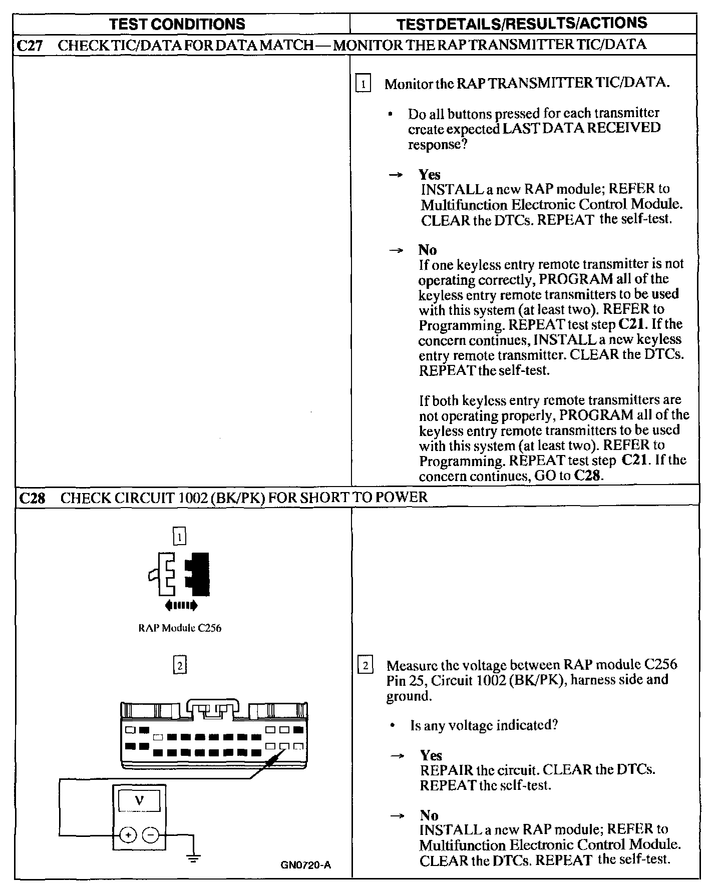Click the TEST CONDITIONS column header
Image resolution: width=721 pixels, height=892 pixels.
tap(177, 24)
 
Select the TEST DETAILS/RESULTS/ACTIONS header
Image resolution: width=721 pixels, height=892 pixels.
tap(522, 23)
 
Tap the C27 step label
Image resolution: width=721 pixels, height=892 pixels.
tap(30, 45)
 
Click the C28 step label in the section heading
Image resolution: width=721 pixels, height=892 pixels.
tap(32, 498)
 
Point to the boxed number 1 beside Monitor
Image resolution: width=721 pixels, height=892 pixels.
tap(363, 83)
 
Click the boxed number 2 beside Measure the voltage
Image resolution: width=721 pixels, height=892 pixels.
tap(366, 666)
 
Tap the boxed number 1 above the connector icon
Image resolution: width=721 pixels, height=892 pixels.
tap(179, 537)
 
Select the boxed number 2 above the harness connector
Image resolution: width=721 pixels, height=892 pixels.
tap(179, 665)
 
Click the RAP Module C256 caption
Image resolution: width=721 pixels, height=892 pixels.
tap(180, 628)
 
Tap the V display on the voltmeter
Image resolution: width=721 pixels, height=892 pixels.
tap(139, 800)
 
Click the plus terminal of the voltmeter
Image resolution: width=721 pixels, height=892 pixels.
tap(128, 835)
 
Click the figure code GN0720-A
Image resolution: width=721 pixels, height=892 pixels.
tap(306, 864)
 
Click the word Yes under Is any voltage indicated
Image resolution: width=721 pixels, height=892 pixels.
tap(431, 755)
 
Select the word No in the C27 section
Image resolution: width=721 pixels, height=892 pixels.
tap(428, 250)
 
